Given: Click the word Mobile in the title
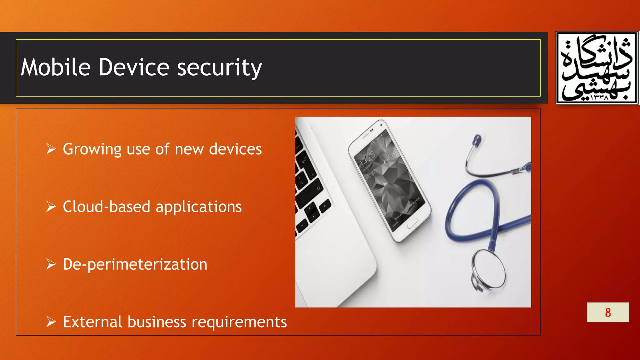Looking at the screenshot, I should point(56,67).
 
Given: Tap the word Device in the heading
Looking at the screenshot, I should point(134,67).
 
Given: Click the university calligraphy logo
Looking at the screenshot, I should point(597,68).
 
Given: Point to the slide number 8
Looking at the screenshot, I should point(608,312).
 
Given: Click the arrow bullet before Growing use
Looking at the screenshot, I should point(51,149).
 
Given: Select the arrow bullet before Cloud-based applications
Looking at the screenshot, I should point(51,207).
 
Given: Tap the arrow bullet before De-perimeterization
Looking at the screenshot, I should point(51,264).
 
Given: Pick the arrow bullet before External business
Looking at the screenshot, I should point(51,322).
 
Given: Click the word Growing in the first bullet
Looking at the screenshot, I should point(92,149).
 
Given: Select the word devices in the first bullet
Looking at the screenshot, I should point(235,149).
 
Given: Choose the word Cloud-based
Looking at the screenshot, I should point(107,207).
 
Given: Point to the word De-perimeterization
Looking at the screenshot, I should point(135,265).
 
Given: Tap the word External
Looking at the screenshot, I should point(92,322).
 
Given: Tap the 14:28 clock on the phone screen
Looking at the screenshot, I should point(367,160).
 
